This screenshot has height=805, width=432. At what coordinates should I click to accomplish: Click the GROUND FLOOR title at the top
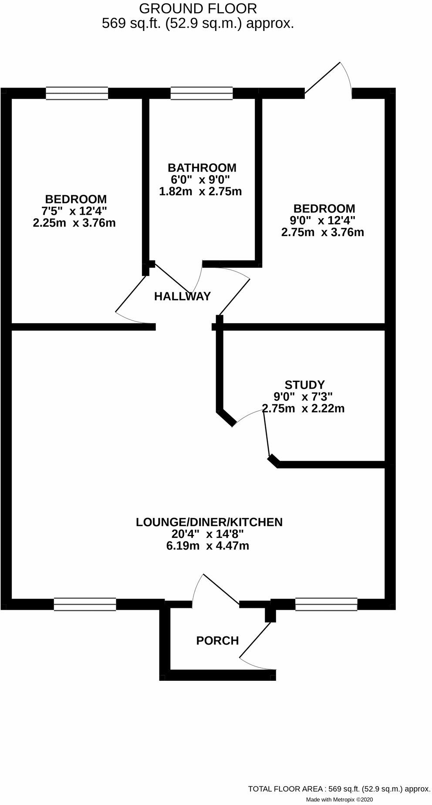click(198, 8)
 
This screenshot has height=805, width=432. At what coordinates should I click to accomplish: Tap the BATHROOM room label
click(202, 168)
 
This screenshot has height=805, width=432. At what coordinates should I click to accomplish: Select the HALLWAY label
click(182, 297)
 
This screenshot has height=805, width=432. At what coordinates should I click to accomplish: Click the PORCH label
click(217, 641)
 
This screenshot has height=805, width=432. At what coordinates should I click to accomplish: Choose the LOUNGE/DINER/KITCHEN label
click(209, 522)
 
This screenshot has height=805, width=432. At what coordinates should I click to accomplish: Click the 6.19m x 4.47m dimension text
click(207, 546)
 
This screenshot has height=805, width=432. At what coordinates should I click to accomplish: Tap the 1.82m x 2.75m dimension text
click(200, 191)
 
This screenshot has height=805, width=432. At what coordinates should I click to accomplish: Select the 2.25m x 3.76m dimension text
click(74, 223)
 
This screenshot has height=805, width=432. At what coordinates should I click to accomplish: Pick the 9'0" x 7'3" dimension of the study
click(303, 397)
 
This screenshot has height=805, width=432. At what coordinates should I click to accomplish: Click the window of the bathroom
click(202, 93)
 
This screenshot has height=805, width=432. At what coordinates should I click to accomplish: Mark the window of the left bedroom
click(77, 93)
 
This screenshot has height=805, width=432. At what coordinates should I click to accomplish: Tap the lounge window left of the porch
click(85, 604)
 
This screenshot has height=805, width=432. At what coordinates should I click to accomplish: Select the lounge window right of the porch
click(326, 604)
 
